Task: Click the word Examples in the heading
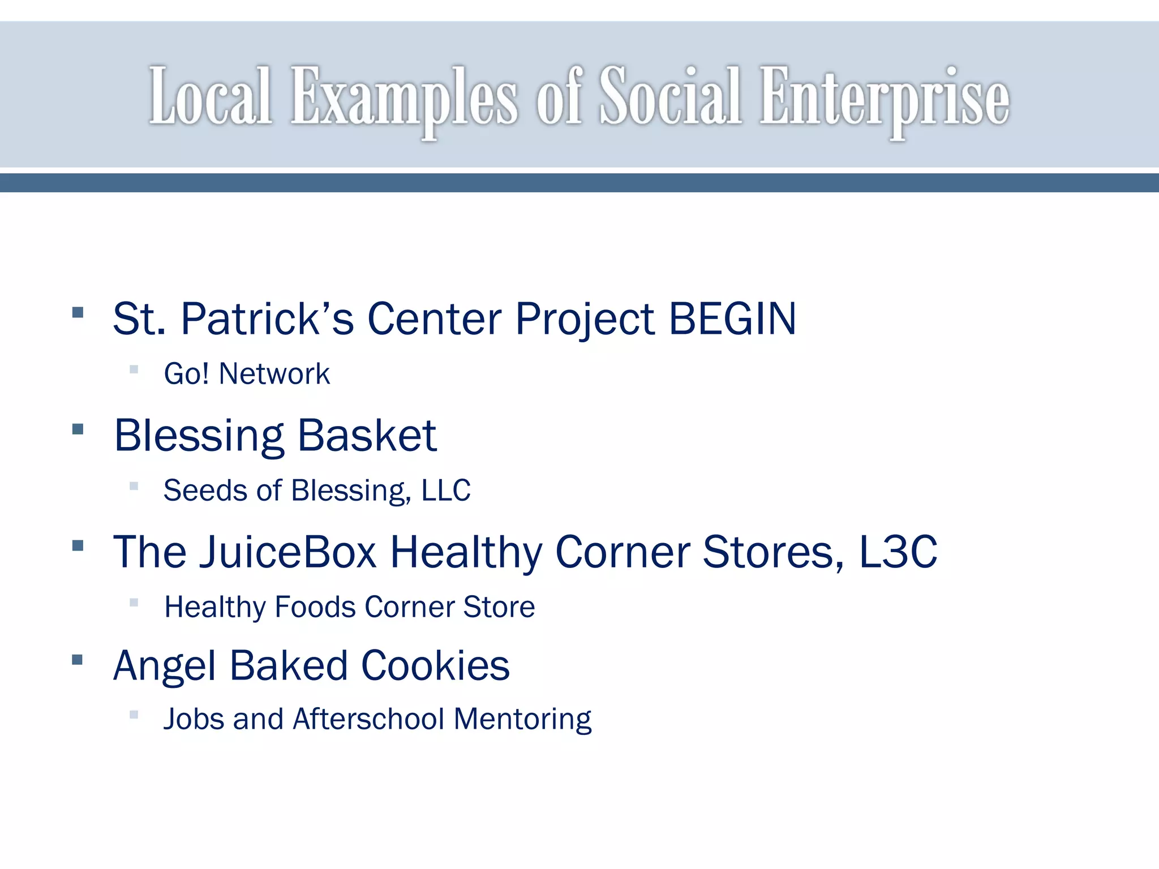403,97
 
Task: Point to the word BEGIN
732,319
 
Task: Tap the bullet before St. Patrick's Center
78,312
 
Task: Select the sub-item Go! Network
247,374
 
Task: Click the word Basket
367,436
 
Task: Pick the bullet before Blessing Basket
78,429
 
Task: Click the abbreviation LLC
446,491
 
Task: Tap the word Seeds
205,491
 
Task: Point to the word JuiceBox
288,552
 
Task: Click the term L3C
898,552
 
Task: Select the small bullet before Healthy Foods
134,603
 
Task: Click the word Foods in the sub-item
315,607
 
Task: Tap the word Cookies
435,665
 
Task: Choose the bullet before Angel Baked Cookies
78,659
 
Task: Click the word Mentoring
522,720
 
